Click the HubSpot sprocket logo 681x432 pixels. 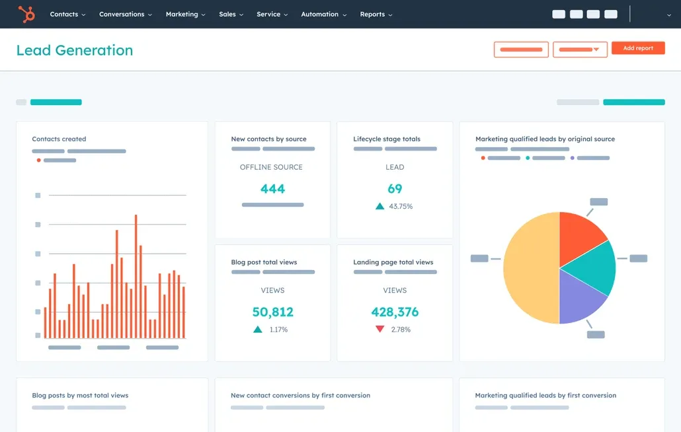[x=26, y=14]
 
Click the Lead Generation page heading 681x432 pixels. [x=75, y=50]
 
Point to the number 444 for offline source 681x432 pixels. [x=272, y=189]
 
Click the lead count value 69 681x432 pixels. [x=395, y=189]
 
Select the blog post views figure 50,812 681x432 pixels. [x=272, y=312]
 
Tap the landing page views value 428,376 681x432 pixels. [x=395, y=312]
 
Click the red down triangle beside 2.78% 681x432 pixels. [x=380, y=329]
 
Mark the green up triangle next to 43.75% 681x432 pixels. [x=380, y=206]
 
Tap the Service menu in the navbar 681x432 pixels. [x=272, y=14]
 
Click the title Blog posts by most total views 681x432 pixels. [x=80, y=396]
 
